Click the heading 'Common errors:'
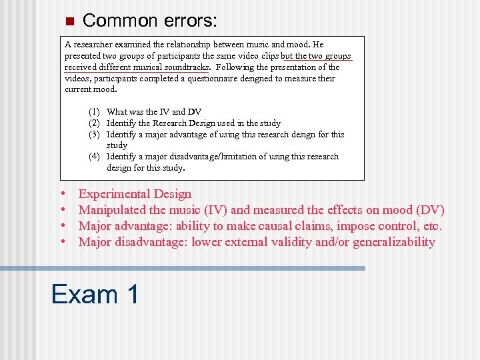[149, 21]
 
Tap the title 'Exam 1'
[95, 293]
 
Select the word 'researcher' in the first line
[94, 45]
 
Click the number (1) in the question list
[95, 112]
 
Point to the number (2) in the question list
[95, 123]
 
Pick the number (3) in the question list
[95, 135]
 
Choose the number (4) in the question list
[95, 157]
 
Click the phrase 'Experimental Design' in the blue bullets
[135, 194]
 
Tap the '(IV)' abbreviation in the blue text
[217, 210]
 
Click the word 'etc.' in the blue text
[431, 226]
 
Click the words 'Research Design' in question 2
[179, 123]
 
